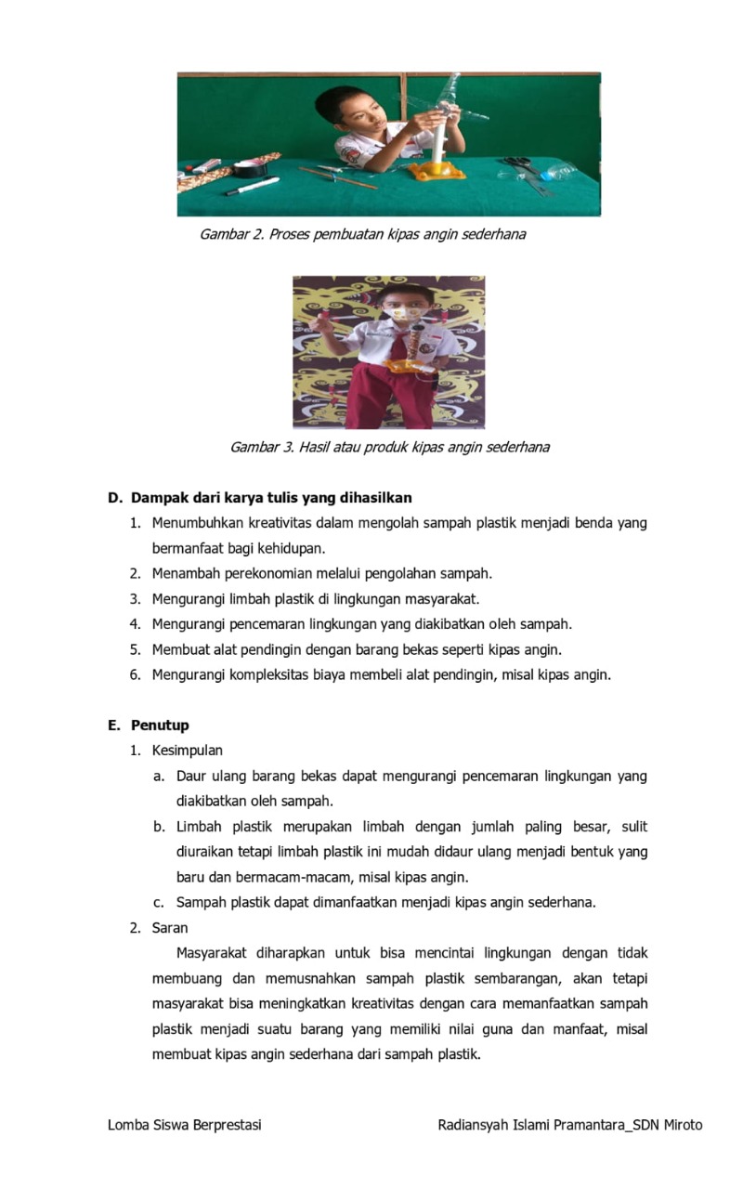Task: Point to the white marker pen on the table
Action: [251, 186]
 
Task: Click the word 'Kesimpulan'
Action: [187, 750]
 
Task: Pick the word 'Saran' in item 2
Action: [170, 927]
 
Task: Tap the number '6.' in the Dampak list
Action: [136, 674]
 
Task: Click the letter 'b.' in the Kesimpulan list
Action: [159, 826]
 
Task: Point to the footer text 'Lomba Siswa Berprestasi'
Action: [185, 1125]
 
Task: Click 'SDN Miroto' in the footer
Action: [667, 1125]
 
